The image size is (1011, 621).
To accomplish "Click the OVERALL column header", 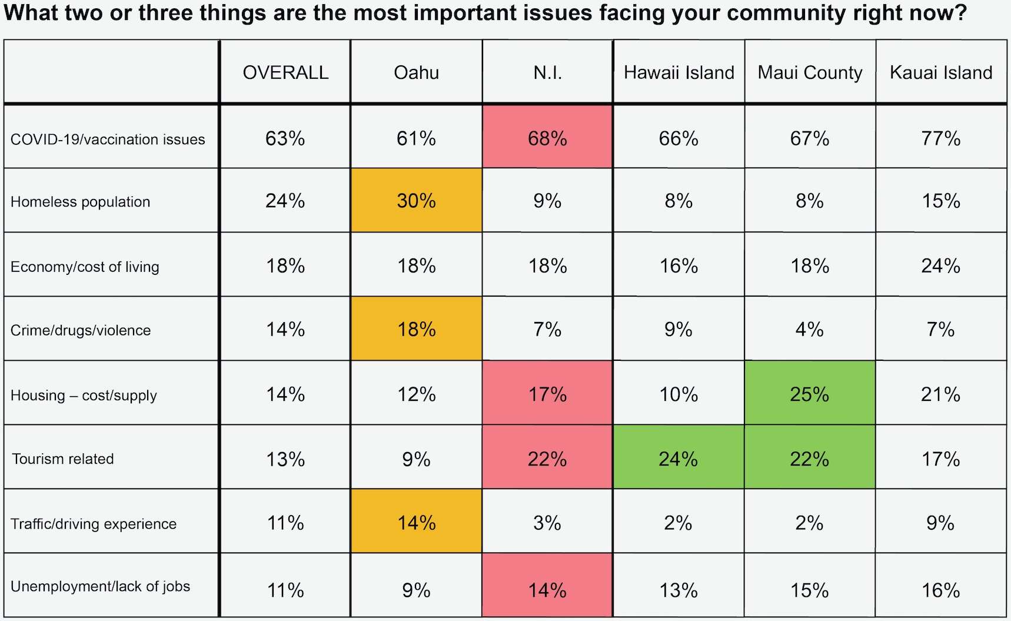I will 285,72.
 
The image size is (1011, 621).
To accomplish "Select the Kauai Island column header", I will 941,72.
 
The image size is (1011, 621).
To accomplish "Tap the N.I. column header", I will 547,72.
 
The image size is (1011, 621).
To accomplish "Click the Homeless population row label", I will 81,202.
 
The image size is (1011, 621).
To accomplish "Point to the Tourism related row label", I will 63,459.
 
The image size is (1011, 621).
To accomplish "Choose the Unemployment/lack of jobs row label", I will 101,586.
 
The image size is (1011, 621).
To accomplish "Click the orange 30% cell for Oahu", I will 416,201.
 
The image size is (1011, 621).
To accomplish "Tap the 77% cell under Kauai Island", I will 940,138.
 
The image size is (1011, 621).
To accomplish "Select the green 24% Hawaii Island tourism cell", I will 678,459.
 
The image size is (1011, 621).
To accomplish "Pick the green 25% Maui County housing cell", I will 809,394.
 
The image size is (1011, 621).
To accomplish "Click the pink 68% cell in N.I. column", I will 547,138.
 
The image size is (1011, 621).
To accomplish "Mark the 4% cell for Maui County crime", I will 809,329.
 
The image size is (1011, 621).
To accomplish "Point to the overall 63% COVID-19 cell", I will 285,138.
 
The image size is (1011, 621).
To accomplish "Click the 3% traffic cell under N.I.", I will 547,523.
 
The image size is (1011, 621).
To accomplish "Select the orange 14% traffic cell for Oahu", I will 416,523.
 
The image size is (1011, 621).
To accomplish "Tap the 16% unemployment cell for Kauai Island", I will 940,590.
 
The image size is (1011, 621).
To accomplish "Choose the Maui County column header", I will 810,72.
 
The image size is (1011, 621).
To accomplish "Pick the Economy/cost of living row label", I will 85,267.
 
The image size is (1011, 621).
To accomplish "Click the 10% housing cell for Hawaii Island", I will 678,394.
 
